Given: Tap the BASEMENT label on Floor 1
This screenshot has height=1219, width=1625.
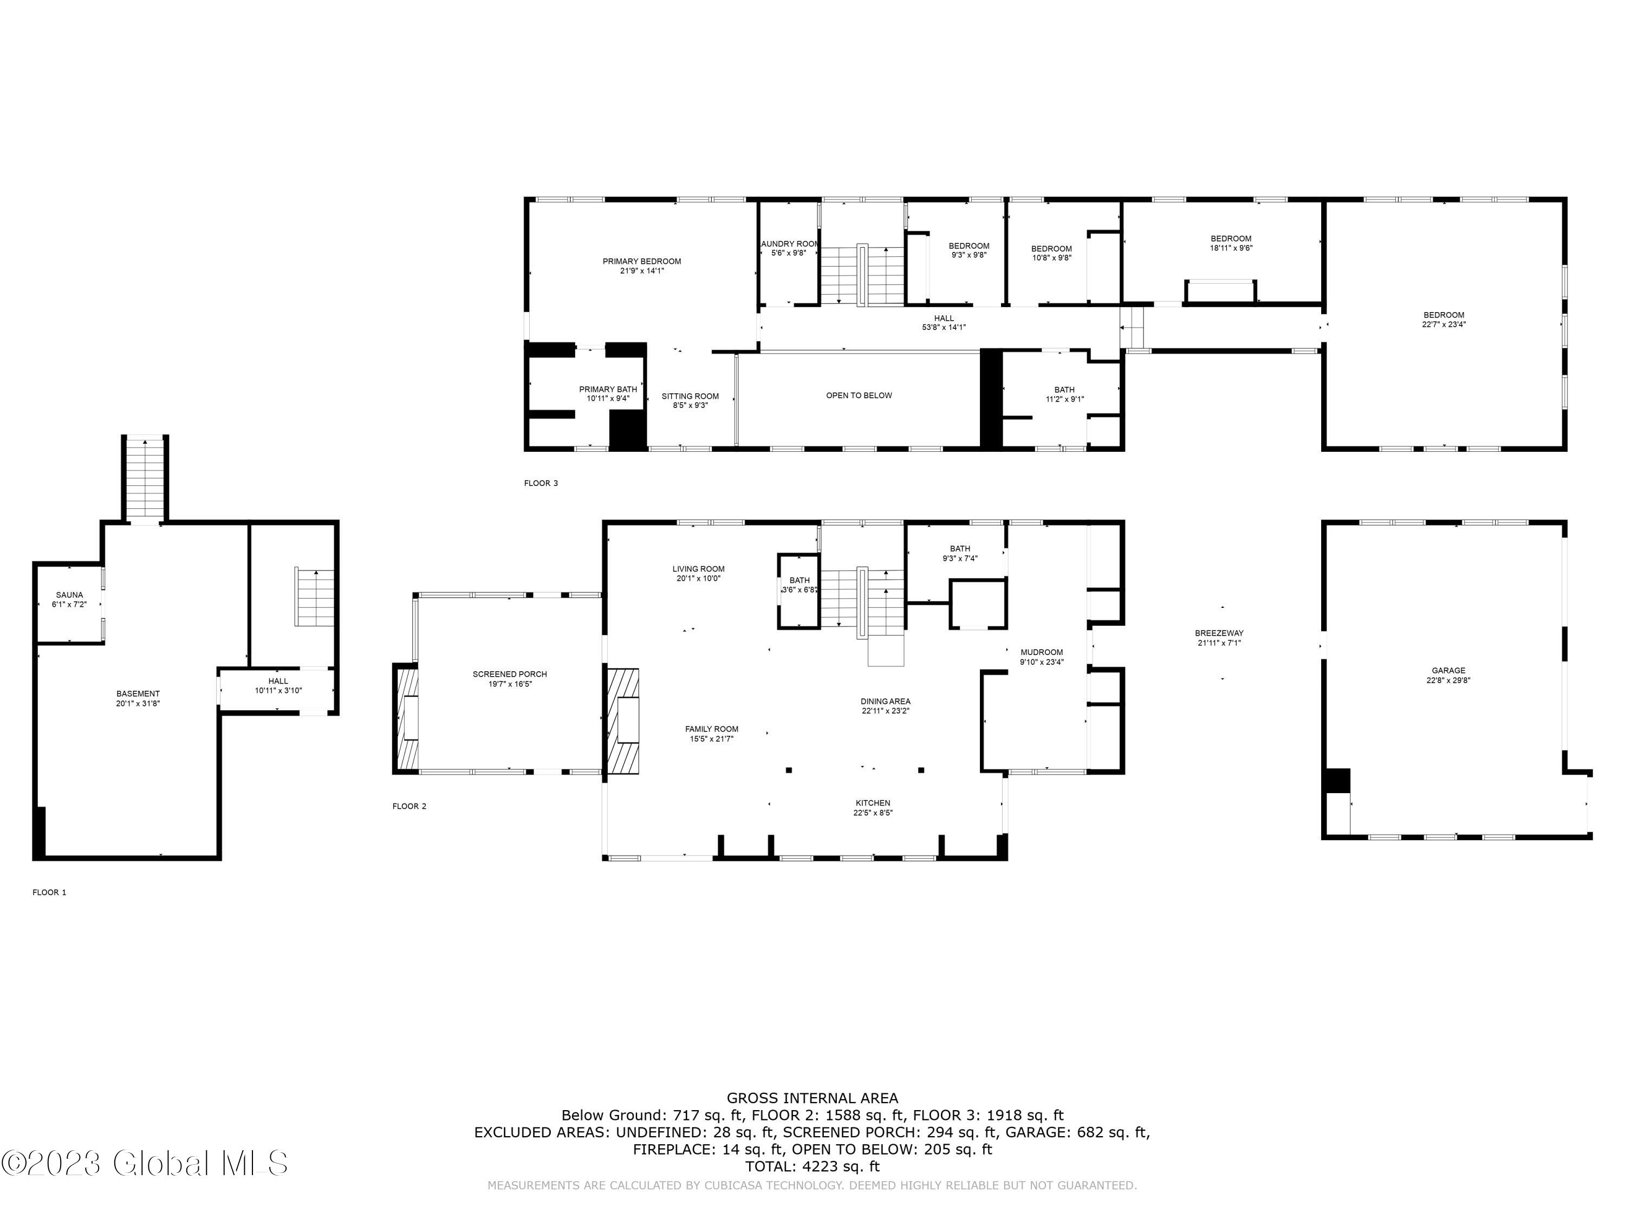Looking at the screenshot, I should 138,693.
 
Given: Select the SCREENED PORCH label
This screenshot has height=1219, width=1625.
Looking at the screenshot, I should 509,674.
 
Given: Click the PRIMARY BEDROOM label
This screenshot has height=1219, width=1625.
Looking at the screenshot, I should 641,261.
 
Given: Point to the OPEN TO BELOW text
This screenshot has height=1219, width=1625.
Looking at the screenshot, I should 858,395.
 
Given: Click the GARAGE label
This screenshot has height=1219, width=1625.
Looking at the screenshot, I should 1448,670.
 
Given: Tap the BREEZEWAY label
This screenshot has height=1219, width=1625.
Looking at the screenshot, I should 1219,633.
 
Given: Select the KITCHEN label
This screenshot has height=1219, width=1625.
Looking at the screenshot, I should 872,803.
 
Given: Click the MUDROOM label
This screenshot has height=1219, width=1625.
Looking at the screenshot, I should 1041,652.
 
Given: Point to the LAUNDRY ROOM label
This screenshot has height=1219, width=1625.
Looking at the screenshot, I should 789,244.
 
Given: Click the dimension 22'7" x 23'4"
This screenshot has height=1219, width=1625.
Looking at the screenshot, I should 1444,325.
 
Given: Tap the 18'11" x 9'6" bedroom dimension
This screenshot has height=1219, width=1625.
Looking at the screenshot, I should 1231,248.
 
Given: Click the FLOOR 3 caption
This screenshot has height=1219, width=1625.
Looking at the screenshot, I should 541,483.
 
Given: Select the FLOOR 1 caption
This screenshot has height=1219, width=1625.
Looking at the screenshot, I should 49,892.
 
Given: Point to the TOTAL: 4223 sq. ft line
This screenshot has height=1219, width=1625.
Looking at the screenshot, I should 812,1166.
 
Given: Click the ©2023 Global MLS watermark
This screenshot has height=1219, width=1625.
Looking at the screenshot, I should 145,1163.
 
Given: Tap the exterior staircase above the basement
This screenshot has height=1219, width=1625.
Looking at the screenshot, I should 145,478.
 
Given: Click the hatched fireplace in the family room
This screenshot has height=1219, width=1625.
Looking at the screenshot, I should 622,720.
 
